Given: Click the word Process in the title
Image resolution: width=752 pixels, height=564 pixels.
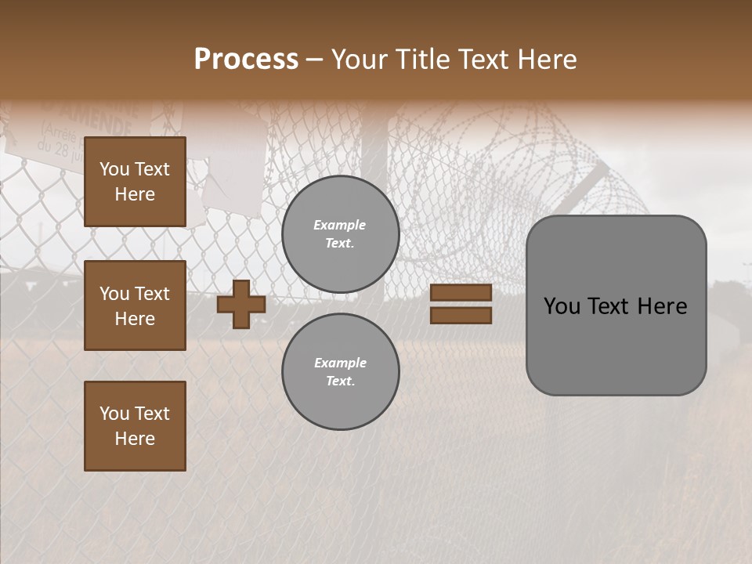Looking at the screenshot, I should click(246, 60).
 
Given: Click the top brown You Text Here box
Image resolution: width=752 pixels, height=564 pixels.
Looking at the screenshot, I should click(135, 182).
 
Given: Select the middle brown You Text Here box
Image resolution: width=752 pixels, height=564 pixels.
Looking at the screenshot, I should click(135, 305).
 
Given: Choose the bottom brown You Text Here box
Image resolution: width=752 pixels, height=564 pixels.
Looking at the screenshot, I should click(135, 426).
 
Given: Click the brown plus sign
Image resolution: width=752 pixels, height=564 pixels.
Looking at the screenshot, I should click(241, 304).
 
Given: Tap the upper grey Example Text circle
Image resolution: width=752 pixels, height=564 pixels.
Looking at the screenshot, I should click(341, 234).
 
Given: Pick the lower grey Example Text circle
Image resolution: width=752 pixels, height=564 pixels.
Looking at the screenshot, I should click(341, 372).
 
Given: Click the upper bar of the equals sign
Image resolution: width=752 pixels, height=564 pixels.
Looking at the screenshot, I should click(461, 293).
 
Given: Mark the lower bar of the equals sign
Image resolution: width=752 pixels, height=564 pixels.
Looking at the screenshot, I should click(461, 315).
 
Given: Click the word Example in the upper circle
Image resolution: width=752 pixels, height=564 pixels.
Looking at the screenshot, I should click(339, 225).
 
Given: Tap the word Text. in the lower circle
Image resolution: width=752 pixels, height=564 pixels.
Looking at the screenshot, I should click(340, 381).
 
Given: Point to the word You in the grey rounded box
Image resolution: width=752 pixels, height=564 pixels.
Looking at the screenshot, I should click(562, 306).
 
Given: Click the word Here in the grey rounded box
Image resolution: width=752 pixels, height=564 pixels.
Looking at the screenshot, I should click(662, 306).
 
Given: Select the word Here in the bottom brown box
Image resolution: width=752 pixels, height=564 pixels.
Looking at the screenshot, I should click(135, 439).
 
